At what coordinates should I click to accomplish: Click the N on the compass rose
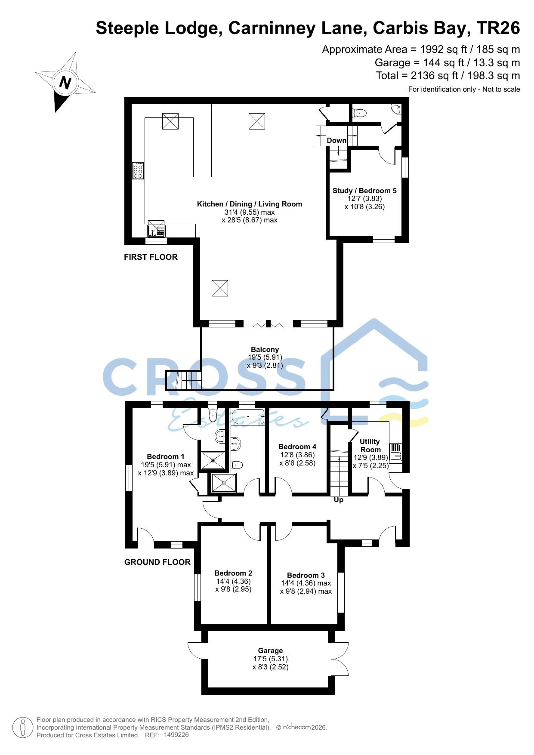pos(65,82)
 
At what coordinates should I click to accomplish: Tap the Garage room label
pos(270,650)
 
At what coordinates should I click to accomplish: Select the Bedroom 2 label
pos(233,573)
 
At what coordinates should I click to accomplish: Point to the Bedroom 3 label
pos(306,575)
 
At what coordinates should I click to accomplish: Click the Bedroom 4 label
pos(297,447)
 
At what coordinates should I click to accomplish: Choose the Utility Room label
pos(370,445)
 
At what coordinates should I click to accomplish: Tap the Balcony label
pos(265,349)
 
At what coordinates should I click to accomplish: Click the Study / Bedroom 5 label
pos(364,191)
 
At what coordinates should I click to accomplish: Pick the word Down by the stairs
pos(336,140)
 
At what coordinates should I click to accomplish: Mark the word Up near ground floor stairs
pos(339,500)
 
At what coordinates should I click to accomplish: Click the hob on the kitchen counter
pos(138,170)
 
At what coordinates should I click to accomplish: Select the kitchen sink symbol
pos(156,228)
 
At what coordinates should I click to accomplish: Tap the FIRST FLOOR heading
pos(151,257)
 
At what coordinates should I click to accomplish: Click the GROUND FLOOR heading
pos(157,562)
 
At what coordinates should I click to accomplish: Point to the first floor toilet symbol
pos(359,113)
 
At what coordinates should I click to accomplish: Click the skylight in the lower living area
pos(219,288)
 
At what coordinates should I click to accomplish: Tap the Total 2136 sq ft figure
pos(448,76)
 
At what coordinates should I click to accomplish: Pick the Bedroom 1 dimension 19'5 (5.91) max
pos(166,465)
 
